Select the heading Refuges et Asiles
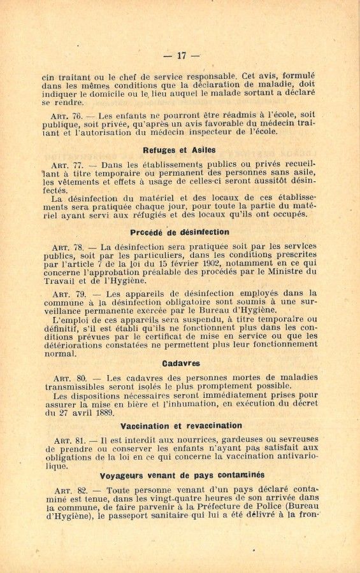(180, 150)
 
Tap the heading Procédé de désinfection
(180, 232)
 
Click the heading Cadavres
(181, 364)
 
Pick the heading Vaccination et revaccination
(182, 425)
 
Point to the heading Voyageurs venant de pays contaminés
(182, 475)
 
